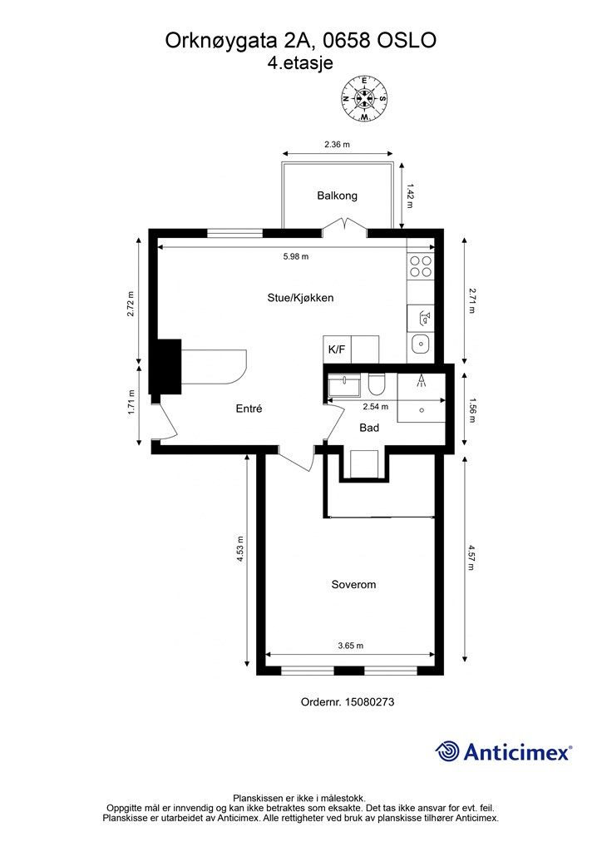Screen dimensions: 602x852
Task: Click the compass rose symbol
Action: (x=364, y=98)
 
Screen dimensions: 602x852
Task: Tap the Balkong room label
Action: (x=337, y=196)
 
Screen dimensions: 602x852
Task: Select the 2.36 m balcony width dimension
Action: (x=337, y=145)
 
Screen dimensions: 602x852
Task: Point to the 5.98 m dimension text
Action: (x=296, y=256)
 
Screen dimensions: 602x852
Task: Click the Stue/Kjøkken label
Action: (x=300, y=298)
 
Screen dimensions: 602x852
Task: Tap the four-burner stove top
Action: (x=421, y=266)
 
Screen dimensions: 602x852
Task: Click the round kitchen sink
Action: (x=421, y=344)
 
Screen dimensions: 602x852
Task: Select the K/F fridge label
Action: (x=337, y=349)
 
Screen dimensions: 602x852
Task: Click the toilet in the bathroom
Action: (x=376, y=384)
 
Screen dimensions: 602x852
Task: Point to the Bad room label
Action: (x=369, y=428)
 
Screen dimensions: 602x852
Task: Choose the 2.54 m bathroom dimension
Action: (x=375, y=406)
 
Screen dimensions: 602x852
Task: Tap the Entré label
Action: (x=249, y=409)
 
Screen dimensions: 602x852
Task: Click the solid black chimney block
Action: (x=165, y=367)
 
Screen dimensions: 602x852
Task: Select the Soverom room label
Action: (x=353, y=585)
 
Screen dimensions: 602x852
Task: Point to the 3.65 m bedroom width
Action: (x=350, y=646)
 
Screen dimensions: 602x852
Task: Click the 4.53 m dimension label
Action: (x=240, y=549)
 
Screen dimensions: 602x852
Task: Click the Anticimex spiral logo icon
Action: (x=447, y=751)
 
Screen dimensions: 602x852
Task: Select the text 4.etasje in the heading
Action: (x=300, y=63)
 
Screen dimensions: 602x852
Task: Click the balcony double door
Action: (x=343, y=225)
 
